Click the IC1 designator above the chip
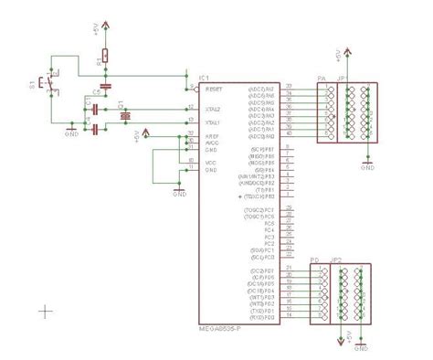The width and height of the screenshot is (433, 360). [x=204, y=79]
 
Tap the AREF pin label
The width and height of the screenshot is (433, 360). [x=215, y=134]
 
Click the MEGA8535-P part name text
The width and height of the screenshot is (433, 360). [x=219, y=329]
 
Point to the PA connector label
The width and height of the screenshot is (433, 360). [x=321, y=79]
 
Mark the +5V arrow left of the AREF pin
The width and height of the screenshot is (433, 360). [x=146, y=133]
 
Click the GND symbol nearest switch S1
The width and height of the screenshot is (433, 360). [x=71, y=131]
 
